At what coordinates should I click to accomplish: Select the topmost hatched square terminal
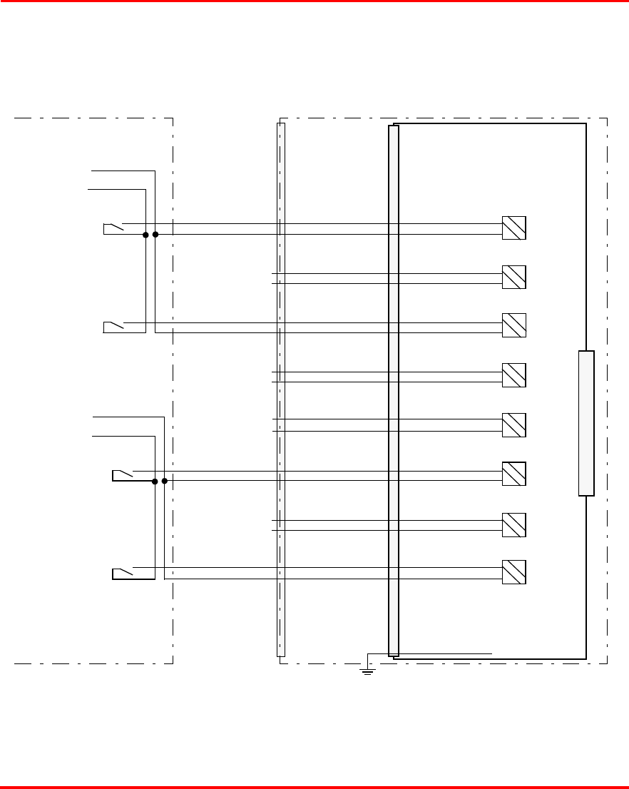click(x=514, y=228)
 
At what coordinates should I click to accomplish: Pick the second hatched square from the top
click(x=514, y=277)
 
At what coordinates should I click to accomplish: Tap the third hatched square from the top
click(x=514, y=325)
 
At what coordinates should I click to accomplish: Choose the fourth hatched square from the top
click(x=514, y=375)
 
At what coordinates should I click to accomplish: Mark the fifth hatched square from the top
click(x=514, y=425)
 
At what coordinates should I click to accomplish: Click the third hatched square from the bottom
click(x=514, y=474)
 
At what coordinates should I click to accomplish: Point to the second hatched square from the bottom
click(x=514, y=524)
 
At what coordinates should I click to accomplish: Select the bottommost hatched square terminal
click(x=514, y=572)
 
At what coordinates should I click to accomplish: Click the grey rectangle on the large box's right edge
click(x=586, y=423)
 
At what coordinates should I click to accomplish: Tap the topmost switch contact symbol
click(x=113, y=228)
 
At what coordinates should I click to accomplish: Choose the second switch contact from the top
click(x=113, y=327)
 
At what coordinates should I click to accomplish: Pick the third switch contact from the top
click(x=123, y=475)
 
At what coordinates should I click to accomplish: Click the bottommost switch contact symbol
click(x=123, y=573)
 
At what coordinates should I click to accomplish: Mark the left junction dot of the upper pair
click(x=145, y=234)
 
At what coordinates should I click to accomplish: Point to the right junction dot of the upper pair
click(x=155, y=234)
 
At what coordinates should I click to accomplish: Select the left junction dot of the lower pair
click(x=155, y=481)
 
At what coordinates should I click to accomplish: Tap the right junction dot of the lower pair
click(x=165, y=481)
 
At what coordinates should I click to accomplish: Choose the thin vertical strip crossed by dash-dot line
click(x=280, y=390)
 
